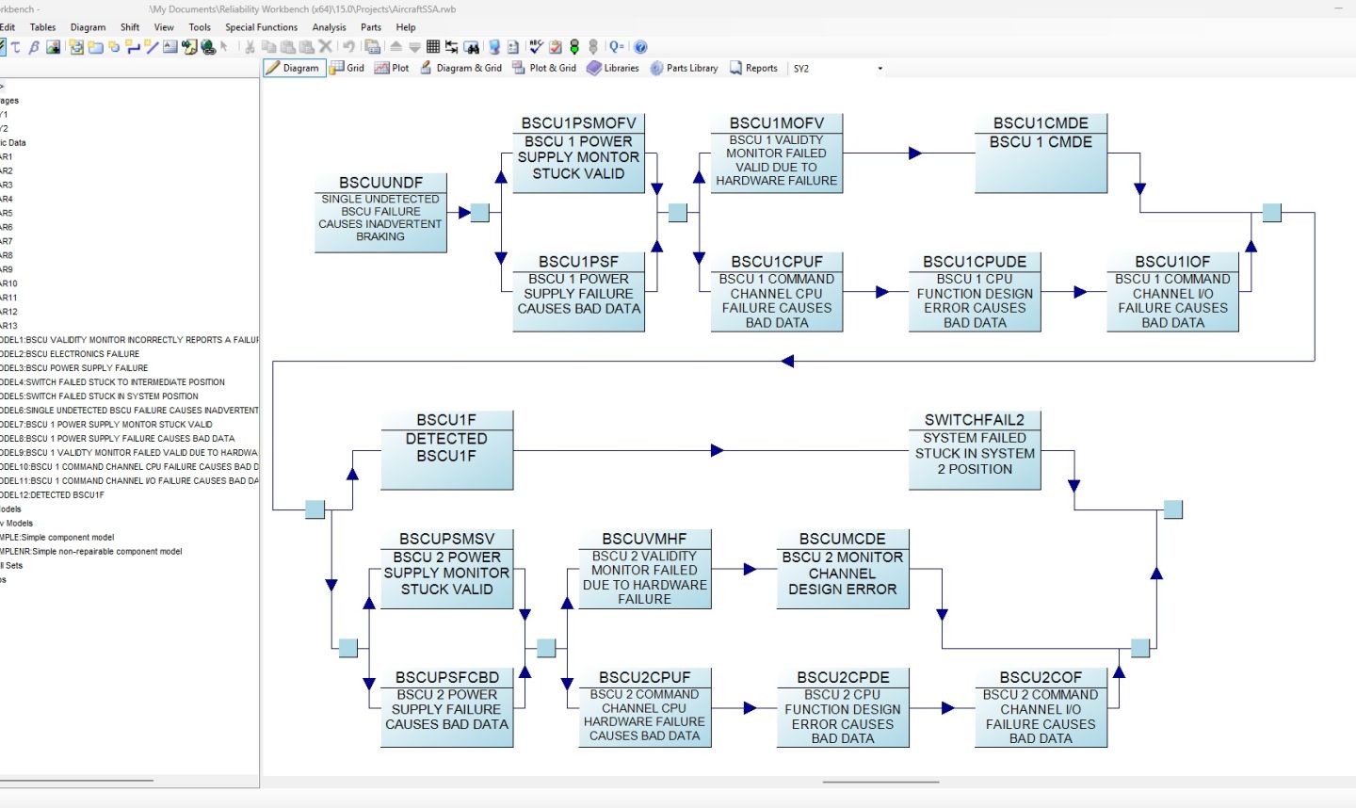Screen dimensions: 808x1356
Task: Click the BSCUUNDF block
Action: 380,213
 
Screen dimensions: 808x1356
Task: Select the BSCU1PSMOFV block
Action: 578,154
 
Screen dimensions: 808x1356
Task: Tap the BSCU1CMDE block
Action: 1041,154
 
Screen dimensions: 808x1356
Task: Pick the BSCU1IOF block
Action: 1172,292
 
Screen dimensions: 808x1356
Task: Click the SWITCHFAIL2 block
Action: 975,450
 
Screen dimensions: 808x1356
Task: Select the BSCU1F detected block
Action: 446,450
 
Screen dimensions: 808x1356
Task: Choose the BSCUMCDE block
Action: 842,569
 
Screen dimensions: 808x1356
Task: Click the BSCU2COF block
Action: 1041,707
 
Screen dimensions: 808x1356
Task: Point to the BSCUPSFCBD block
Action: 446,707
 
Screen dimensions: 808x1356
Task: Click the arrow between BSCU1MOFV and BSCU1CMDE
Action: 913,153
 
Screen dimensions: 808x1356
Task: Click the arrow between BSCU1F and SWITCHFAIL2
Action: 717,451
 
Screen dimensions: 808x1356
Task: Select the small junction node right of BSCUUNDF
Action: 480,213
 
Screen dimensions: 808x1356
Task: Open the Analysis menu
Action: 329,27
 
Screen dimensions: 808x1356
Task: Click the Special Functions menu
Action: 261,27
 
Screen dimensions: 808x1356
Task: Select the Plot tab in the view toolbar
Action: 392,68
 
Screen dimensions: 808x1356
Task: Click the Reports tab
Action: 753,68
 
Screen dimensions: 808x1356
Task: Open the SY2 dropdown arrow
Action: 880,69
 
